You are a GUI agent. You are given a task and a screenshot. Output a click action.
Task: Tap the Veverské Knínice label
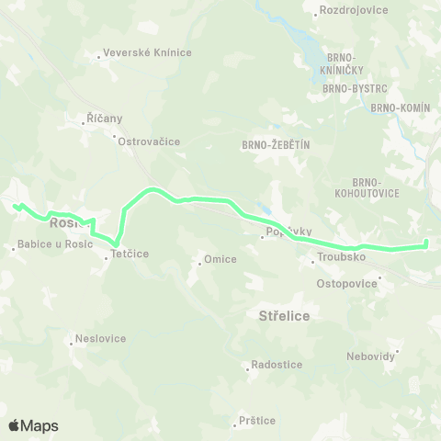click(x=148, y=52)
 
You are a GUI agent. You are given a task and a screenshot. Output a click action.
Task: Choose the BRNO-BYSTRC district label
click(x=355, y=91)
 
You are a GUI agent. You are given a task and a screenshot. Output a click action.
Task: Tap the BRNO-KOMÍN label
click(x=401, y=107)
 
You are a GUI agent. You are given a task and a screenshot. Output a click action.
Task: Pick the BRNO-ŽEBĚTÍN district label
click(x=277, y=144)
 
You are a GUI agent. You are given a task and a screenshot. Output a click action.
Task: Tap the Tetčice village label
click(x=130, y=254)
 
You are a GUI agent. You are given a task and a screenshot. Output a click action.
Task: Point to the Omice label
click(x=220, y=259)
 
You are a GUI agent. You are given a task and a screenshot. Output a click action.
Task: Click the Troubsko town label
click(x=341, y=258)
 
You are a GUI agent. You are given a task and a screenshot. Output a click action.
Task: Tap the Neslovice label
click(x=101, y=338)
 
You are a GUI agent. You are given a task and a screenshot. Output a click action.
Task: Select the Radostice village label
click(x=277, y=365)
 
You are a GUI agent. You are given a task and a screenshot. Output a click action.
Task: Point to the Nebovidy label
click(x=370, y=356)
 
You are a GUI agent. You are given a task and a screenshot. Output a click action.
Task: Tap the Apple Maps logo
click(x=33, y=425)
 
